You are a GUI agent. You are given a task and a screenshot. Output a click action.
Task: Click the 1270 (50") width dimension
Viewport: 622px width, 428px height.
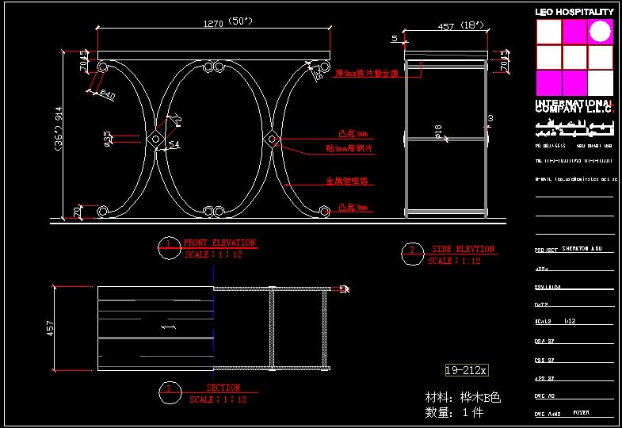click(x=213, y=24)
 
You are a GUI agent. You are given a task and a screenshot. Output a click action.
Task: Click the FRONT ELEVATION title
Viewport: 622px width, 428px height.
click(x=219, y=243)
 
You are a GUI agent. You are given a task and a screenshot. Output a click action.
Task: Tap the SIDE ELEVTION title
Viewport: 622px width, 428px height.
click(x=463, y=249)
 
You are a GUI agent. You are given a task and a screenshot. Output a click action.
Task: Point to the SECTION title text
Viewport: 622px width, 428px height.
click(x=223, y=388)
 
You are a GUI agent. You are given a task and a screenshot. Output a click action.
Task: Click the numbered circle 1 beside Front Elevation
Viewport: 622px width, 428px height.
click(x=167, y=243)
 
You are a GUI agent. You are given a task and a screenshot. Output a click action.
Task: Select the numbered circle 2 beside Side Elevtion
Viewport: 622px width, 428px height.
click(x=411, y=250)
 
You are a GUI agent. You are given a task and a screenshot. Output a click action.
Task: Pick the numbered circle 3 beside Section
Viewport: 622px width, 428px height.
click(x=167, y=388)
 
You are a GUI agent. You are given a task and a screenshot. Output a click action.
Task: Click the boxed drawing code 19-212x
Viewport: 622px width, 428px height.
click(x=466, y=369)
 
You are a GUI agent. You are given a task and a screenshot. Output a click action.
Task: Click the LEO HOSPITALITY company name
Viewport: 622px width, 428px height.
click(x=574, y=12)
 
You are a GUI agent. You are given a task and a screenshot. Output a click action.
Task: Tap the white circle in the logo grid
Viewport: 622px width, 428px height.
click(x=601, y=31)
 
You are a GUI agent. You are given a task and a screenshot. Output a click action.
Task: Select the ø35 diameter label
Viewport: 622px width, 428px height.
click(x=108, y=138)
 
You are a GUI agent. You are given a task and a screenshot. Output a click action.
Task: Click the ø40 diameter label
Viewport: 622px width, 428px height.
click(x=106, y=95)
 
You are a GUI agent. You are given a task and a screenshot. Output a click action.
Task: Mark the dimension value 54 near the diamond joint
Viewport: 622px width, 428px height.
click(x=174, y=145)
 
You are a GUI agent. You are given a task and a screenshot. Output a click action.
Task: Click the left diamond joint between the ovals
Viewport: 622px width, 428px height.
click(x=155, y=139)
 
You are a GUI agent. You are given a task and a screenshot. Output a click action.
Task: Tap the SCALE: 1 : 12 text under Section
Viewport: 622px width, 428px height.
click(x=218, y=399)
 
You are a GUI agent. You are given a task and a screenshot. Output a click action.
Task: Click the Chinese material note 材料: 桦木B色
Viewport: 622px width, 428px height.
click(x=463, y=397)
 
